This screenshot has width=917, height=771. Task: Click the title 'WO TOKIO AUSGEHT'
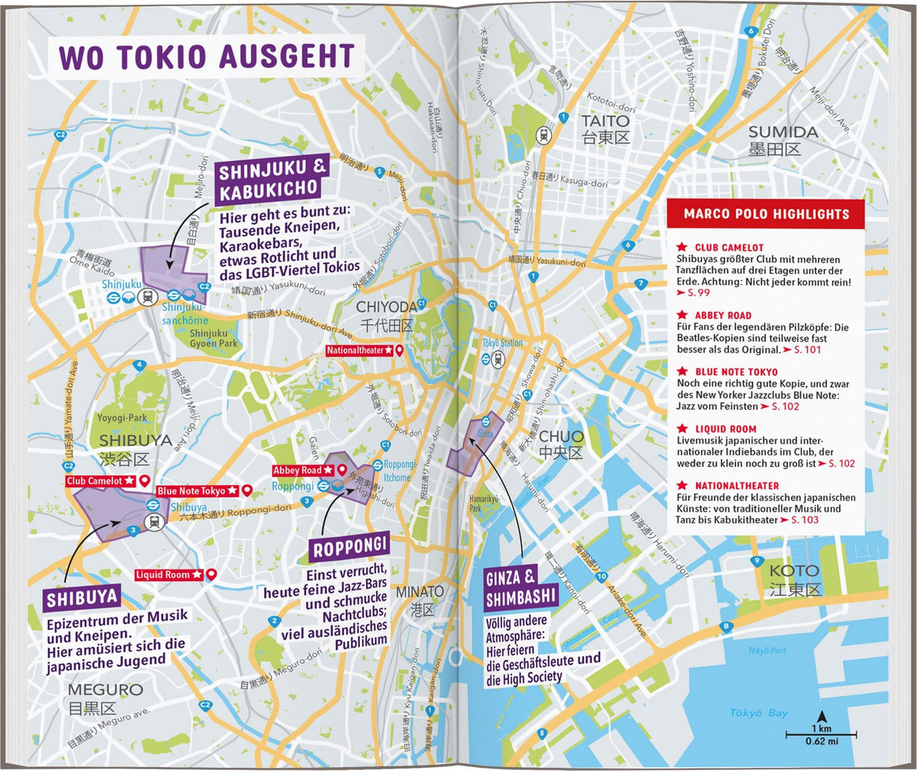(x=206, y=56)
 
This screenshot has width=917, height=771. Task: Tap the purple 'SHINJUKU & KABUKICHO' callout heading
(x=272, y=179)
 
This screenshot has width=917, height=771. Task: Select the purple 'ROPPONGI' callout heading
(x=348, y=548)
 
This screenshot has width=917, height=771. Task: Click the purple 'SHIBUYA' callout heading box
(x=82, y=598)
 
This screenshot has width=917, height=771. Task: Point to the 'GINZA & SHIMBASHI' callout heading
(x=520, y=588)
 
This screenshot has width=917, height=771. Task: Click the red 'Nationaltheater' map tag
(x=359, y=350)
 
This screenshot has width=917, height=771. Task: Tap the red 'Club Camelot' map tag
(x=100, y=481)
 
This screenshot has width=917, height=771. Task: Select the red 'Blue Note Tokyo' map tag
(x=197, y=491)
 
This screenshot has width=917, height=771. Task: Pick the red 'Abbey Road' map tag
(x=303, y=470)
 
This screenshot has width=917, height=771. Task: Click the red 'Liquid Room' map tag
(x=169, y=574)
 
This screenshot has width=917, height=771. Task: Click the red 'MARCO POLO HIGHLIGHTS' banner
(x=766, y=214)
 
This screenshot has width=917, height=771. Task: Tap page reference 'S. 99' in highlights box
(x=698, y=293)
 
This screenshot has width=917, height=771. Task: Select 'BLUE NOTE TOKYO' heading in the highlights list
(x=736, y=372)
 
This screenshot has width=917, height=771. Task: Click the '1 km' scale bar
(x=821, y=734)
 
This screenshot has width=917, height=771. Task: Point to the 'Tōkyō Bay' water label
(x=758, y=713)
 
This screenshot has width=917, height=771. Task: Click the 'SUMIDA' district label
(x=782, y=133)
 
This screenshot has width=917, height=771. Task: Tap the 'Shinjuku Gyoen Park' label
(x=213, y=338)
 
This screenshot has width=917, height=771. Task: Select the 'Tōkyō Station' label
(x=503, y=343)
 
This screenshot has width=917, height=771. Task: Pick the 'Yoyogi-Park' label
(x=122, y=418)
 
